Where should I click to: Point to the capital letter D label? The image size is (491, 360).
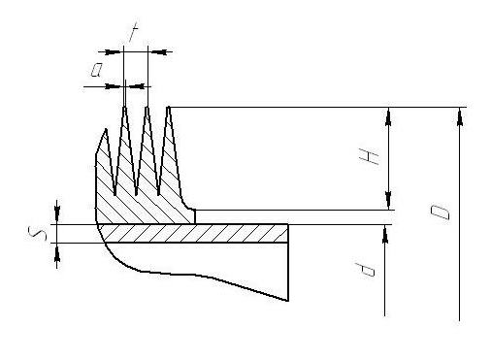pos(443,212)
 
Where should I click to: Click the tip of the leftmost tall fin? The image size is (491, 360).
pos(124,108)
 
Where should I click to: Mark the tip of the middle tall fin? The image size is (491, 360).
pos(147,108)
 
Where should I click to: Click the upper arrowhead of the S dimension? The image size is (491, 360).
pos(58,218)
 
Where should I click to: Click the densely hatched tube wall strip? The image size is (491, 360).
pos(194,233)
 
